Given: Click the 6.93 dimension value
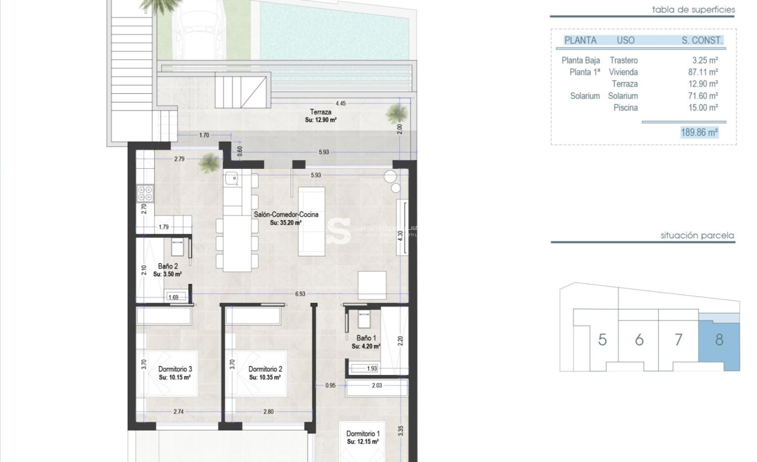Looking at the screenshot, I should [300, 294].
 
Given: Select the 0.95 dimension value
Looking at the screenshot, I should [330, 385].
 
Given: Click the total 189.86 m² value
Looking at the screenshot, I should [699, 132].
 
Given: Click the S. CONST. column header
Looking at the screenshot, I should [701, 40].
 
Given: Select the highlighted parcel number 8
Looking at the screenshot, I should [718, 339].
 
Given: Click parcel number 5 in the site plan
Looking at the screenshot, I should [602, 339].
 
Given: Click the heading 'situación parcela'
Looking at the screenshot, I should [697, 236].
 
